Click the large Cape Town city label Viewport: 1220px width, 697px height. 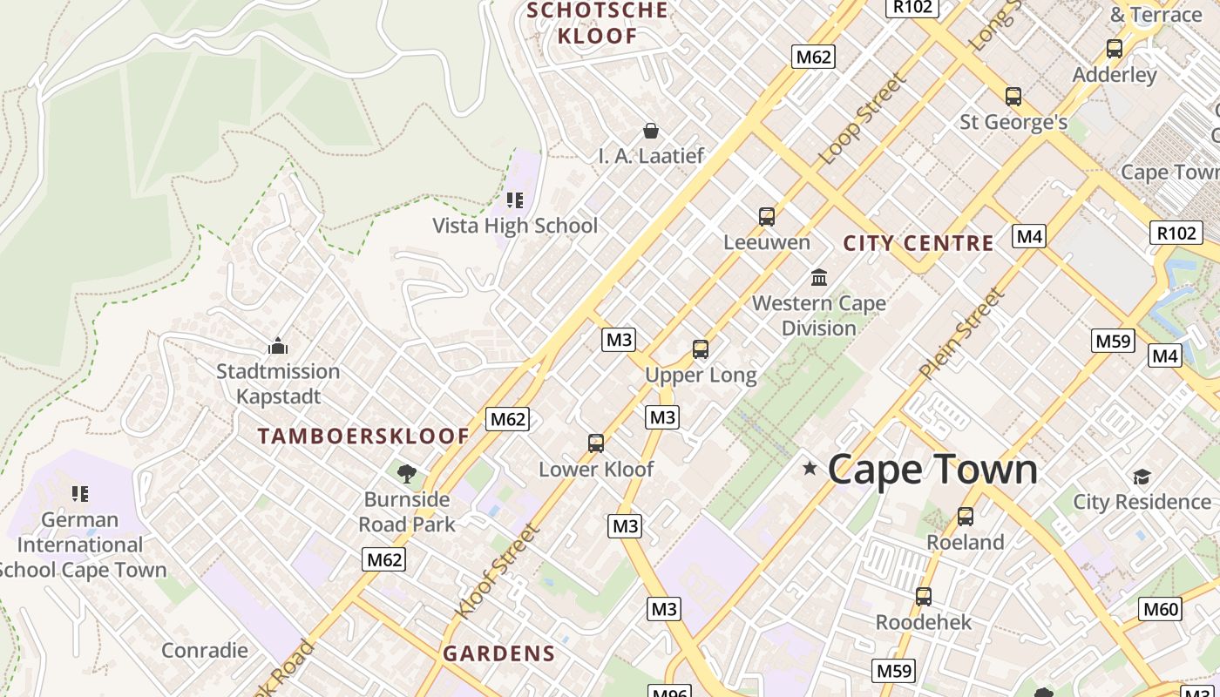(932, 470)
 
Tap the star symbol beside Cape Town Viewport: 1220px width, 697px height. (810, 469)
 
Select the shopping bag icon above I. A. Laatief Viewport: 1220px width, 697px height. (650, 131)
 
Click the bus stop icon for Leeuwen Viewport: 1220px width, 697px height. (767, 216)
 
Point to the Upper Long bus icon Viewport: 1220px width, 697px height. (701, 349)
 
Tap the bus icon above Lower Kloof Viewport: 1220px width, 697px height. (596, 443)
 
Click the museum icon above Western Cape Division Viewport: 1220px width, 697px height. (819, 277)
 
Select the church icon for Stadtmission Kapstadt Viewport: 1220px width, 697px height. (278, 346)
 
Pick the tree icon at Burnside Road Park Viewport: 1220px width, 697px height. (406, 474)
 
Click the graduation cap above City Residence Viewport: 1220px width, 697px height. (1142, 477)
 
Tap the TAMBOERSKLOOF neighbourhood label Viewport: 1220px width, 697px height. (363, 436)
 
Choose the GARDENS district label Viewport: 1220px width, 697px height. (499, 653)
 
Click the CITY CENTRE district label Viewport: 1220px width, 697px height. (918, 243)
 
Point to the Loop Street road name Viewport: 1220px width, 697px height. (862, 118)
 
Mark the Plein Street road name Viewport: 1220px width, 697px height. (961, 333)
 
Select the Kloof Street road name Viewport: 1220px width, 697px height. (497, 571)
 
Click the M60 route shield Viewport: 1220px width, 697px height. (1161, 609)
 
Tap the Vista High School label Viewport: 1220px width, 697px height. (515, 226)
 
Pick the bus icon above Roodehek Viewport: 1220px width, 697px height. (924, 597)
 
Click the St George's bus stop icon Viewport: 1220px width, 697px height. (1013, 96)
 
